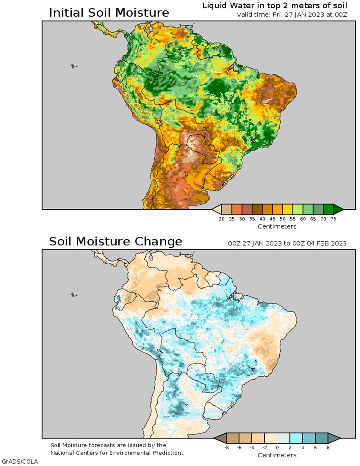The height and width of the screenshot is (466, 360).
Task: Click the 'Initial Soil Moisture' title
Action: (109, 13)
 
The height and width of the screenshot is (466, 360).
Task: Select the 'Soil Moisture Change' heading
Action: (115, 241)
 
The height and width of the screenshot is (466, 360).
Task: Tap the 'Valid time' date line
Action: (292, 15)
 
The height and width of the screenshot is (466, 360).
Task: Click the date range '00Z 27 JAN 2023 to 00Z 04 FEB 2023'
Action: (287, 243)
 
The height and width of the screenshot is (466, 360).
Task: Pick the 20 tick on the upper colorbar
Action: (222, 219)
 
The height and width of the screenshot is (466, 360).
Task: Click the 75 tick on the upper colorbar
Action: (333, 219)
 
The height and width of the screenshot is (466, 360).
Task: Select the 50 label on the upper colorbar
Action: (283, 219)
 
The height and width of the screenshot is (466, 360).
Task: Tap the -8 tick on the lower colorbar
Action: (226, 448)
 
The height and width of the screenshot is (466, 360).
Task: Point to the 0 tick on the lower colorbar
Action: (277, 448)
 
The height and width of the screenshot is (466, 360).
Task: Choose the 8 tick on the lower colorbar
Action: (328, 448)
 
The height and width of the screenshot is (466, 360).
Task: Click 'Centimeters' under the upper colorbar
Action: (277, 226)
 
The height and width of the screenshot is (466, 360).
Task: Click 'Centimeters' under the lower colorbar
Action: (277, 455)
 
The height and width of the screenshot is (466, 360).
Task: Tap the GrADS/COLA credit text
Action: (20, 462)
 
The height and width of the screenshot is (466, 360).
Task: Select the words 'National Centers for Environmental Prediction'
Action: (116, 453)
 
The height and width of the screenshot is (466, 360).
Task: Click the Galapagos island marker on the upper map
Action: (73, 66)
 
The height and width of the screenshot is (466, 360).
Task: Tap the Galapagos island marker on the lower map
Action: (73, 295)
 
